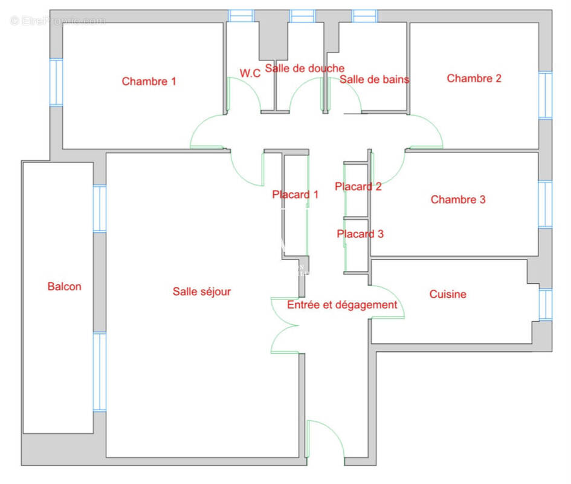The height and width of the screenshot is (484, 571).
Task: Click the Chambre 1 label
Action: tap(149, 81)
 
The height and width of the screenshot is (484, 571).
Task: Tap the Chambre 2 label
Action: tap(474, 78)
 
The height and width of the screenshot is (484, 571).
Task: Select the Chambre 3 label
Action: tap(458, 199)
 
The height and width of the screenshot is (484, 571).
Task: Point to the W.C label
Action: tap(250, 73)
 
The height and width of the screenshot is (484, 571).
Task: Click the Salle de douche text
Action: tap(305, 68)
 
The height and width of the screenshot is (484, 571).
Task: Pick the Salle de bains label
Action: tap(374, 79)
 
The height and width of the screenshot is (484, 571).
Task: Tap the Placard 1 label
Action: tap(295, 194)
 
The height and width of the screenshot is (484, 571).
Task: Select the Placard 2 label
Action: tap(358, 186)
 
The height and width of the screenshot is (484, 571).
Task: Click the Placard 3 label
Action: tap(360, 234)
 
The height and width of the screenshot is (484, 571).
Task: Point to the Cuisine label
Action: tap(448, 294)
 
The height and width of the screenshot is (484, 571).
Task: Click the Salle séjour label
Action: tap(202, 292)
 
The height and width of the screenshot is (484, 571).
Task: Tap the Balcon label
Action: tap(64, 286)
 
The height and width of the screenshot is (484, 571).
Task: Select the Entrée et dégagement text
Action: tap(342, 305)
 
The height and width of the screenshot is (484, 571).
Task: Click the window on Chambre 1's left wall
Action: tap(56, 82)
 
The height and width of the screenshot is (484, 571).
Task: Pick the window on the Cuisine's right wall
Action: tap(545, 304)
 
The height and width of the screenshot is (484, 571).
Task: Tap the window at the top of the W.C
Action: tap(241, 16)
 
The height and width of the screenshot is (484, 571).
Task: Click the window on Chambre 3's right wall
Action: tap(545, 204)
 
